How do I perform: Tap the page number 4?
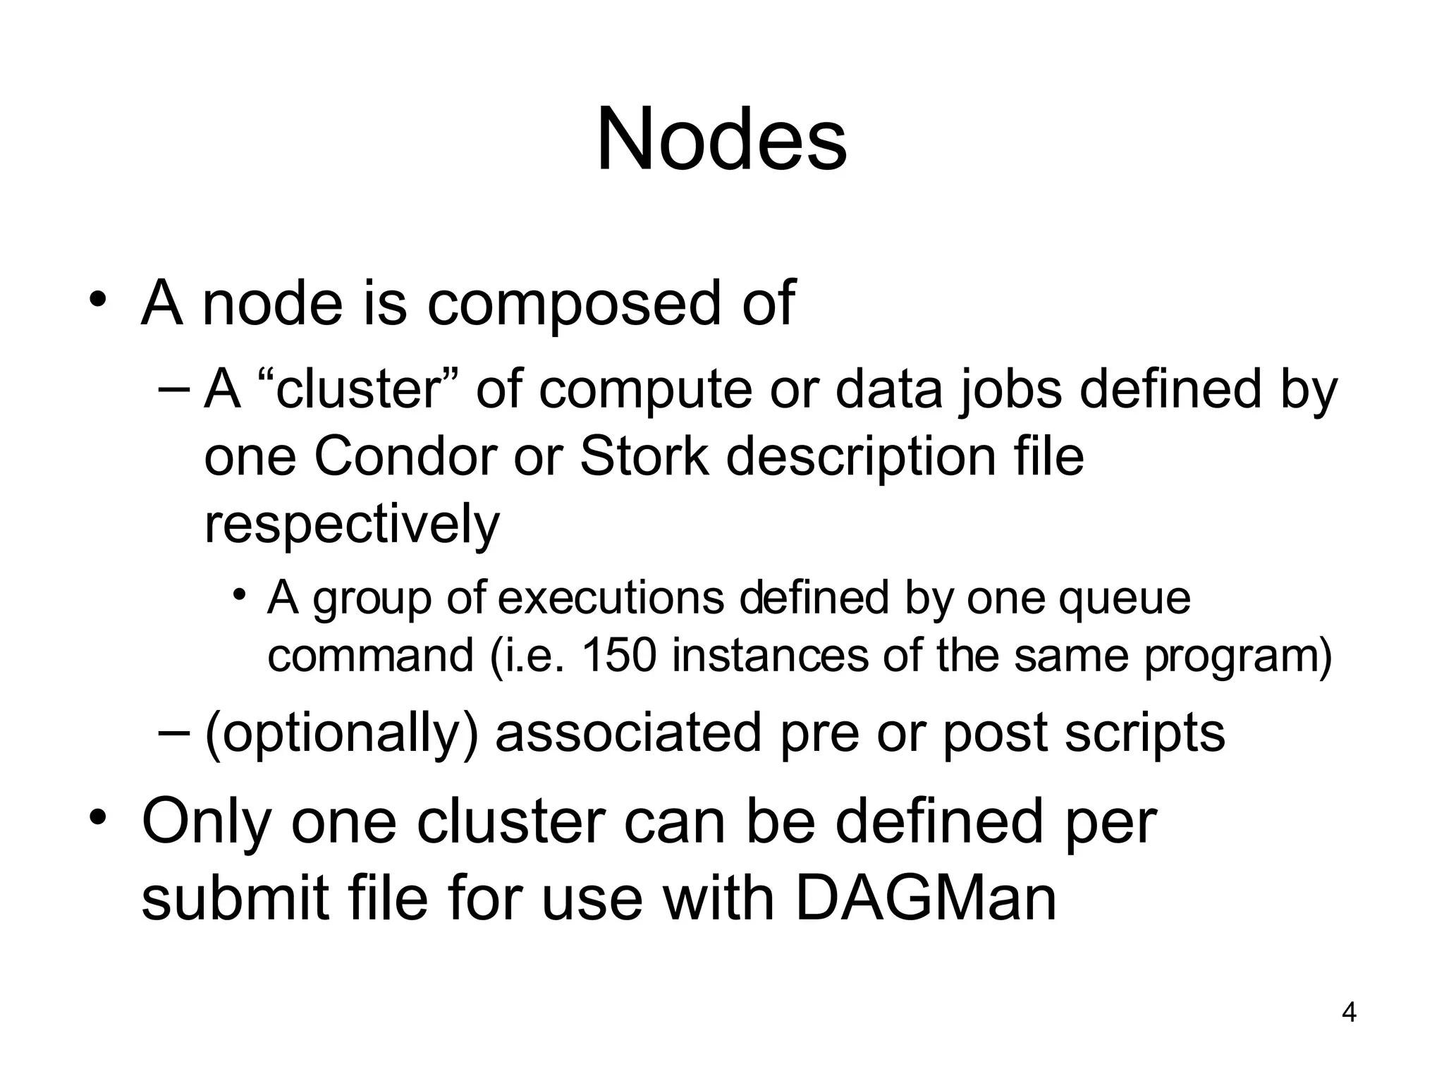point(1349,1012)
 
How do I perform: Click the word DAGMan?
point(926,899)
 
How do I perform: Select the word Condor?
point(405,456)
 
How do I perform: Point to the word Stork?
point(643,456)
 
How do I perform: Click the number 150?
point(618,655)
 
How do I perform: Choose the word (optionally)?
point(341,734)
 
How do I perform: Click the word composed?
point(574,305)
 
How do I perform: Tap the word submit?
point(235,899)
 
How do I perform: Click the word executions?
point(611,598)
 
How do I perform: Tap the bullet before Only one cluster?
point(97,817)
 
